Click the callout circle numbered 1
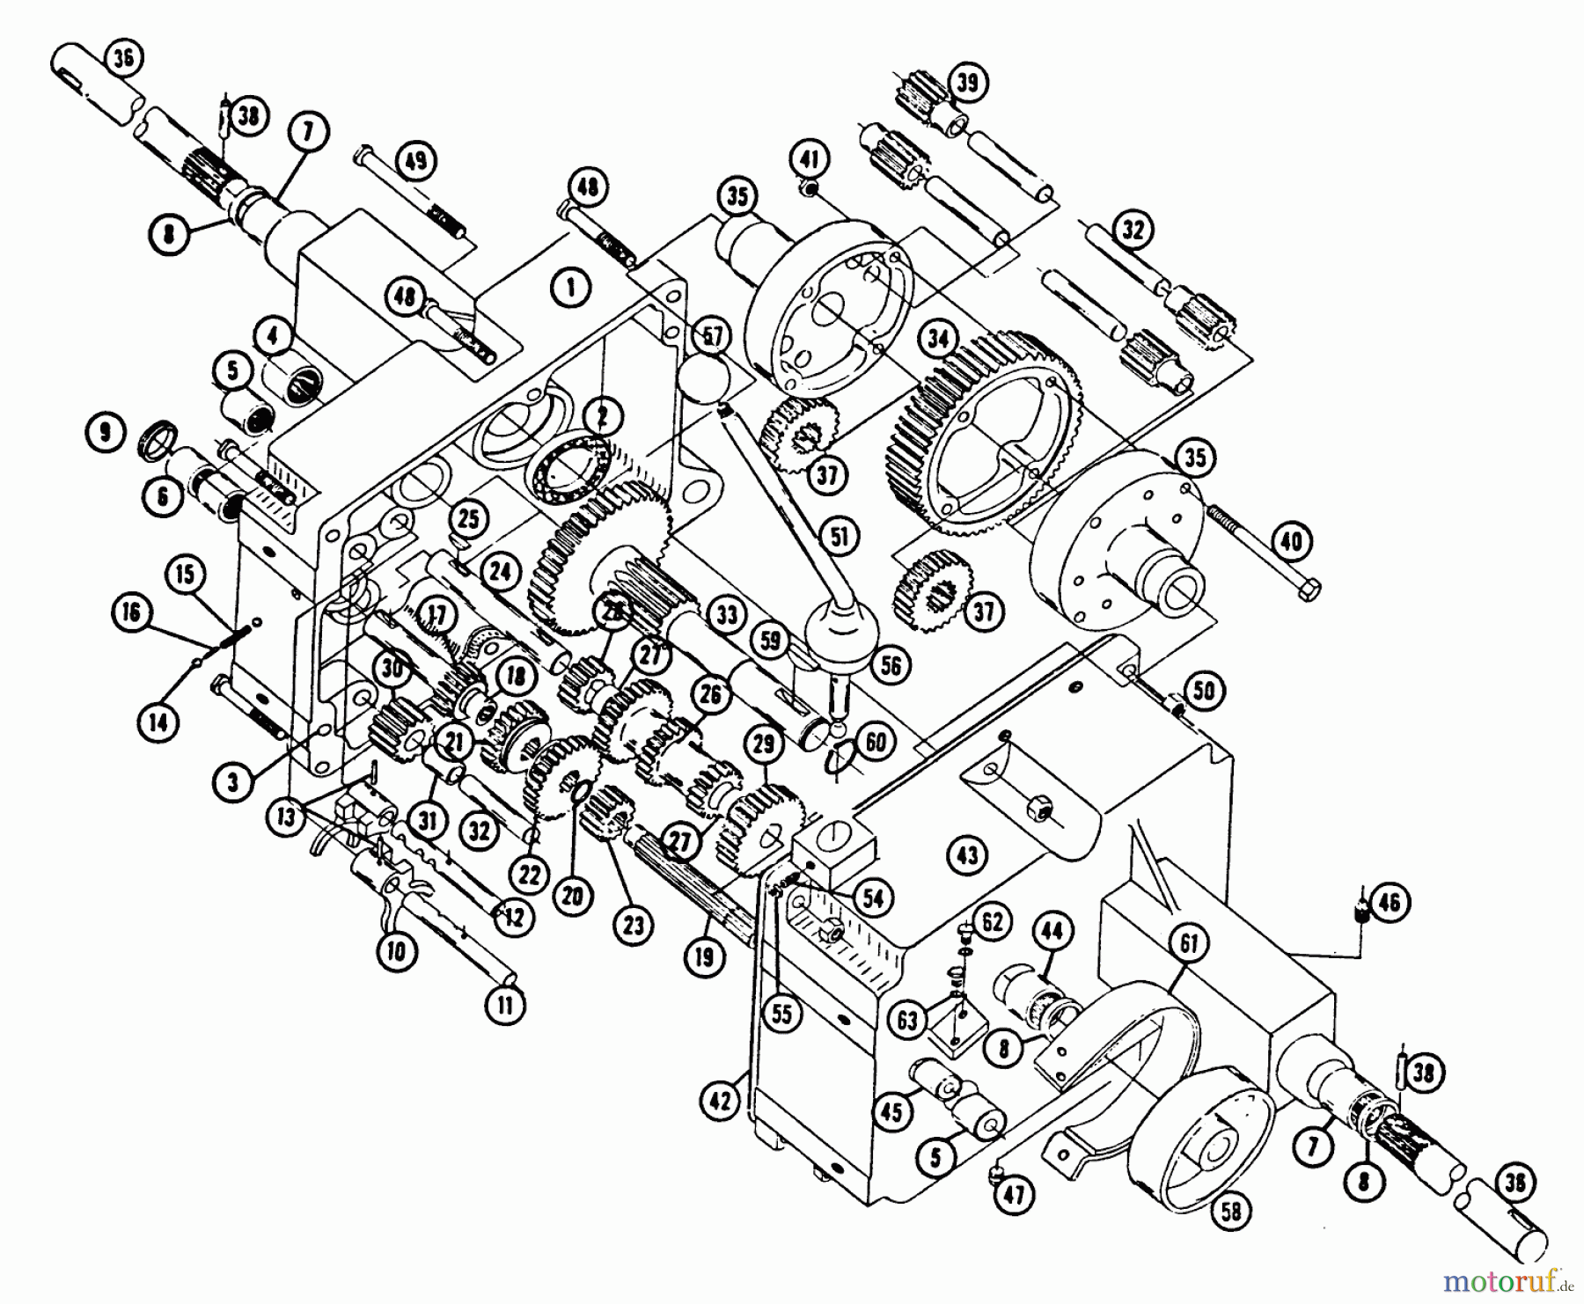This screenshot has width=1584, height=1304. (571, 287)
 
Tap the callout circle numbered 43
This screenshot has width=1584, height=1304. (967, 854)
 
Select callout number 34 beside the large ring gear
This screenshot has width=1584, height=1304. (939, 338)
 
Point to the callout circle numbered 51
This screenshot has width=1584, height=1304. (840, 535)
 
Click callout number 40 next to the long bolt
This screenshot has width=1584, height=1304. (1291, 540)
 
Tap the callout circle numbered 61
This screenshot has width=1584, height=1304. (1189, 945)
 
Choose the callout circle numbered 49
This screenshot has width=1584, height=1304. (415, 161)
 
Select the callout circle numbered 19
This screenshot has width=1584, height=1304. (703, 956)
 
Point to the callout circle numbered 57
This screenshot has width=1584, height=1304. (712, 336)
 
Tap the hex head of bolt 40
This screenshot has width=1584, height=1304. (1309, 589)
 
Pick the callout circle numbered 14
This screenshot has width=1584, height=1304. (160, 723)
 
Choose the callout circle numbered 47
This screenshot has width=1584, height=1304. (1017, 1195)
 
